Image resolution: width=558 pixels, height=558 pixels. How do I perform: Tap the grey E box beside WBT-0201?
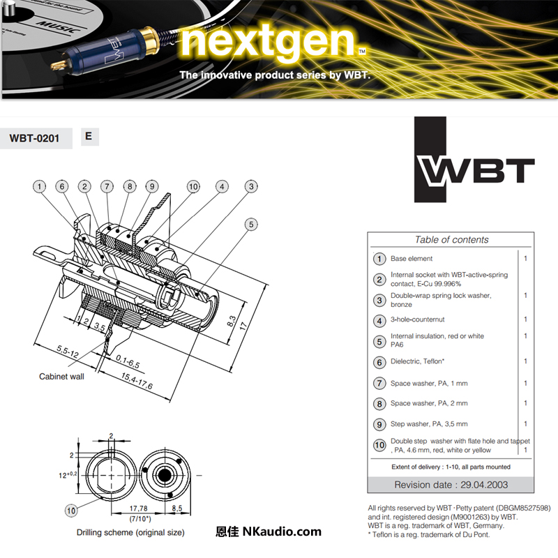click(89, 137)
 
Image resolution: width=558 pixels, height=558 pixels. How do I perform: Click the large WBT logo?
click(474, 169)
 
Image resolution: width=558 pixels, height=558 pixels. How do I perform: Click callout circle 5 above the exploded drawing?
click(251, 225)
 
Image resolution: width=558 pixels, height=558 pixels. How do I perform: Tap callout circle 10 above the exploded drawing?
click(193, 186)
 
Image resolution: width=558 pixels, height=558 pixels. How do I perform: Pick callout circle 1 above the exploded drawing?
click(40, 186)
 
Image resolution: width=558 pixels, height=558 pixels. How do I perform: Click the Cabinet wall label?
click(61, 376)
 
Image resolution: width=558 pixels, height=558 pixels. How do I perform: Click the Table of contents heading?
click(451, 239)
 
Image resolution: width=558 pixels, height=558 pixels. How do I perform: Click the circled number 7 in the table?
click(379, 383)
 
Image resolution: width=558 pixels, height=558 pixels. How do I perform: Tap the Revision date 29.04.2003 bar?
click(451, 485)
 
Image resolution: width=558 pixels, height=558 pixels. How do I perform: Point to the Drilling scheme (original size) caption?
click(130, 532)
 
